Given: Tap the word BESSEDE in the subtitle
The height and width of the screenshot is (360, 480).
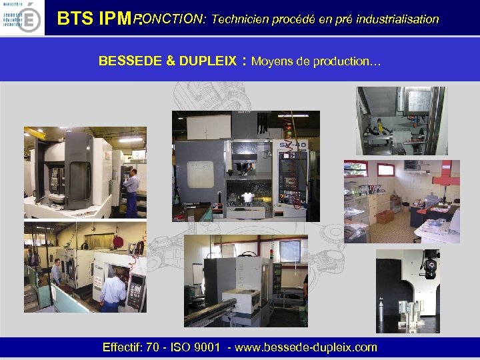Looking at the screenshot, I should pos(130,61).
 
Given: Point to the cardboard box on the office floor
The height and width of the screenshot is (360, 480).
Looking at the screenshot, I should pos(385,217).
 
